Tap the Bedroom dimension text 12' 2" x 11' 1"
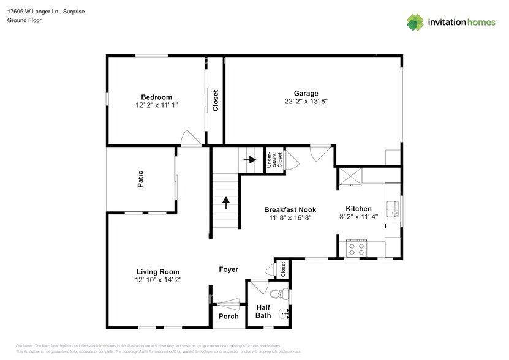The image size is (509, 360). click(x=156, y=105)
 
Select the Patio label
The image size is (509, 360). click(x=140, y=181)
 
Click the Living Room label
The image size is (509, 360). click(x=157, y=271)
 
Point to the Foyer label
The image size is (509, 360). click(x=228, y=269)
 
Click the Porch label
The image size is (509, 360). click(x=228, y=316)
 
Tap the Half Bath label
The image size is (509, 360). click(x=263, y=311)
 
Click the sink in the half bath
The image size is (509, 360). click(x=284, y=314)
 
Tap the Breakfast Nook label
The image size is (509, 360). click(x=290, y=209)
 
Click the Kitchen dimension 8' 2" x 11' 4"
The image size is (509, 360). click(x=358, y=217)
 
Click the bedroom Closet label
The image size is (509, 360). click(x=215, y=100)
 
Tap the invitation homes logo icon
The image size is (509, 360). click(x=416, y=22)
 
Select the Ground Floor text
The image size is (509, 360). click(x=23, y=20)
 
